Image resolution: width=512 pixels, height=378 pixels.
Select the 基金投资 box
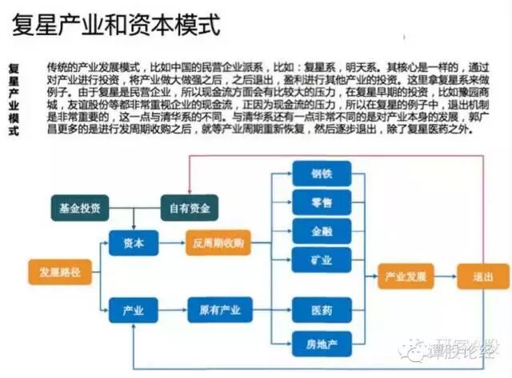coord(79,209)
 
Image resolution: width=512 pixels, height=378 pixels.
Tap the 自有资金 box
coord(190,209)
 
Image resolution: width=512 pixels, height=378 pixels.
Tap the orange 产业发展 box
coord(406,277)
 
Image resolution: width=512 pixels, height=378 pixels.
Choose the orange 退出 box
coord(482,277)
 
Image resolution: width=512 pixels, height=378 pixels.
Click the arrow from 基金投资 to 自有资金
coord(134,209)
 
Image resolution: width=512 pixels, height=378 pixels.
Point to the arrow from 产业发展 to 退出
coord(445,277)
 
